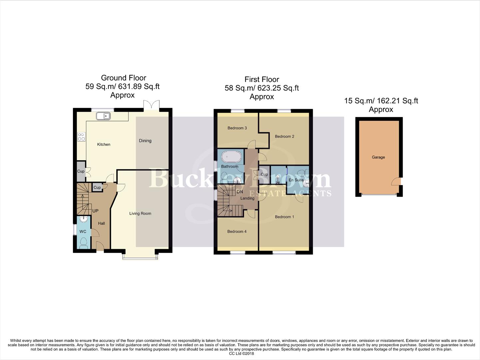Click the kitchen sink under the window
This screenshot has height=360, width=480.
[103, 116]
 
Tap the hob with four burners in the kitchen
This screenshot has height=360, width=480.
[81, 137]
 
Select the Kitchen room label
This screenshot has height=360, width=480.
[104, 144]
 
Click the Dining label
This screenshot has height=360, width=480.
[145, 141]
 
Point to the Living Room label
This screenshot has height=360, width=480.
[140, 213]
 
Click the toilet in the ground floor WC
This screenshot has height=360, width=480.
[83, 243]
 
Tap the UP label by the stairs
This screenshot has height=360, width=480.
[95, 211]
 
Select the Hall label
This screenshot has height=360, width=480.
[101, 223]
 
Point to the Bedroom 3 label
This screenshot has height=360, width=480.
[237, 128]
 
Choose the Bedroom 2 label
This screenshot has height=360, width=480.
[284, 136]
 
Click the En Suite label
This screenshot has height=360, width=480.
[296, 180]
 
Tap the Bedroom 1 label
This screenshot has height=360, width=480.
[284, 217]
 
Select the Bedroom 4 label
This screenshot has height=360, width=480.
[237, 231]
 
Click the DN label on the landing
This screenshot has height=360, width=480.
[240, 192]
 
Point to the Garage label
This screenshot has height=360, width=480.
[378, 157]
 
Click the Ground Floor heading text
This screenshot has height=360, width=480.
[123, 78]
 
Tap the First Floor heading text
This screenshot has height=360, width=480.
[261, 79]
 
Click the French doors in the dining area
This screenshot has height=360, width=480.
[151, 106]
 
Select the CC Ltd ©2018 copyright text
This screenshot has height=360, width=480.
[241, 353]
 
